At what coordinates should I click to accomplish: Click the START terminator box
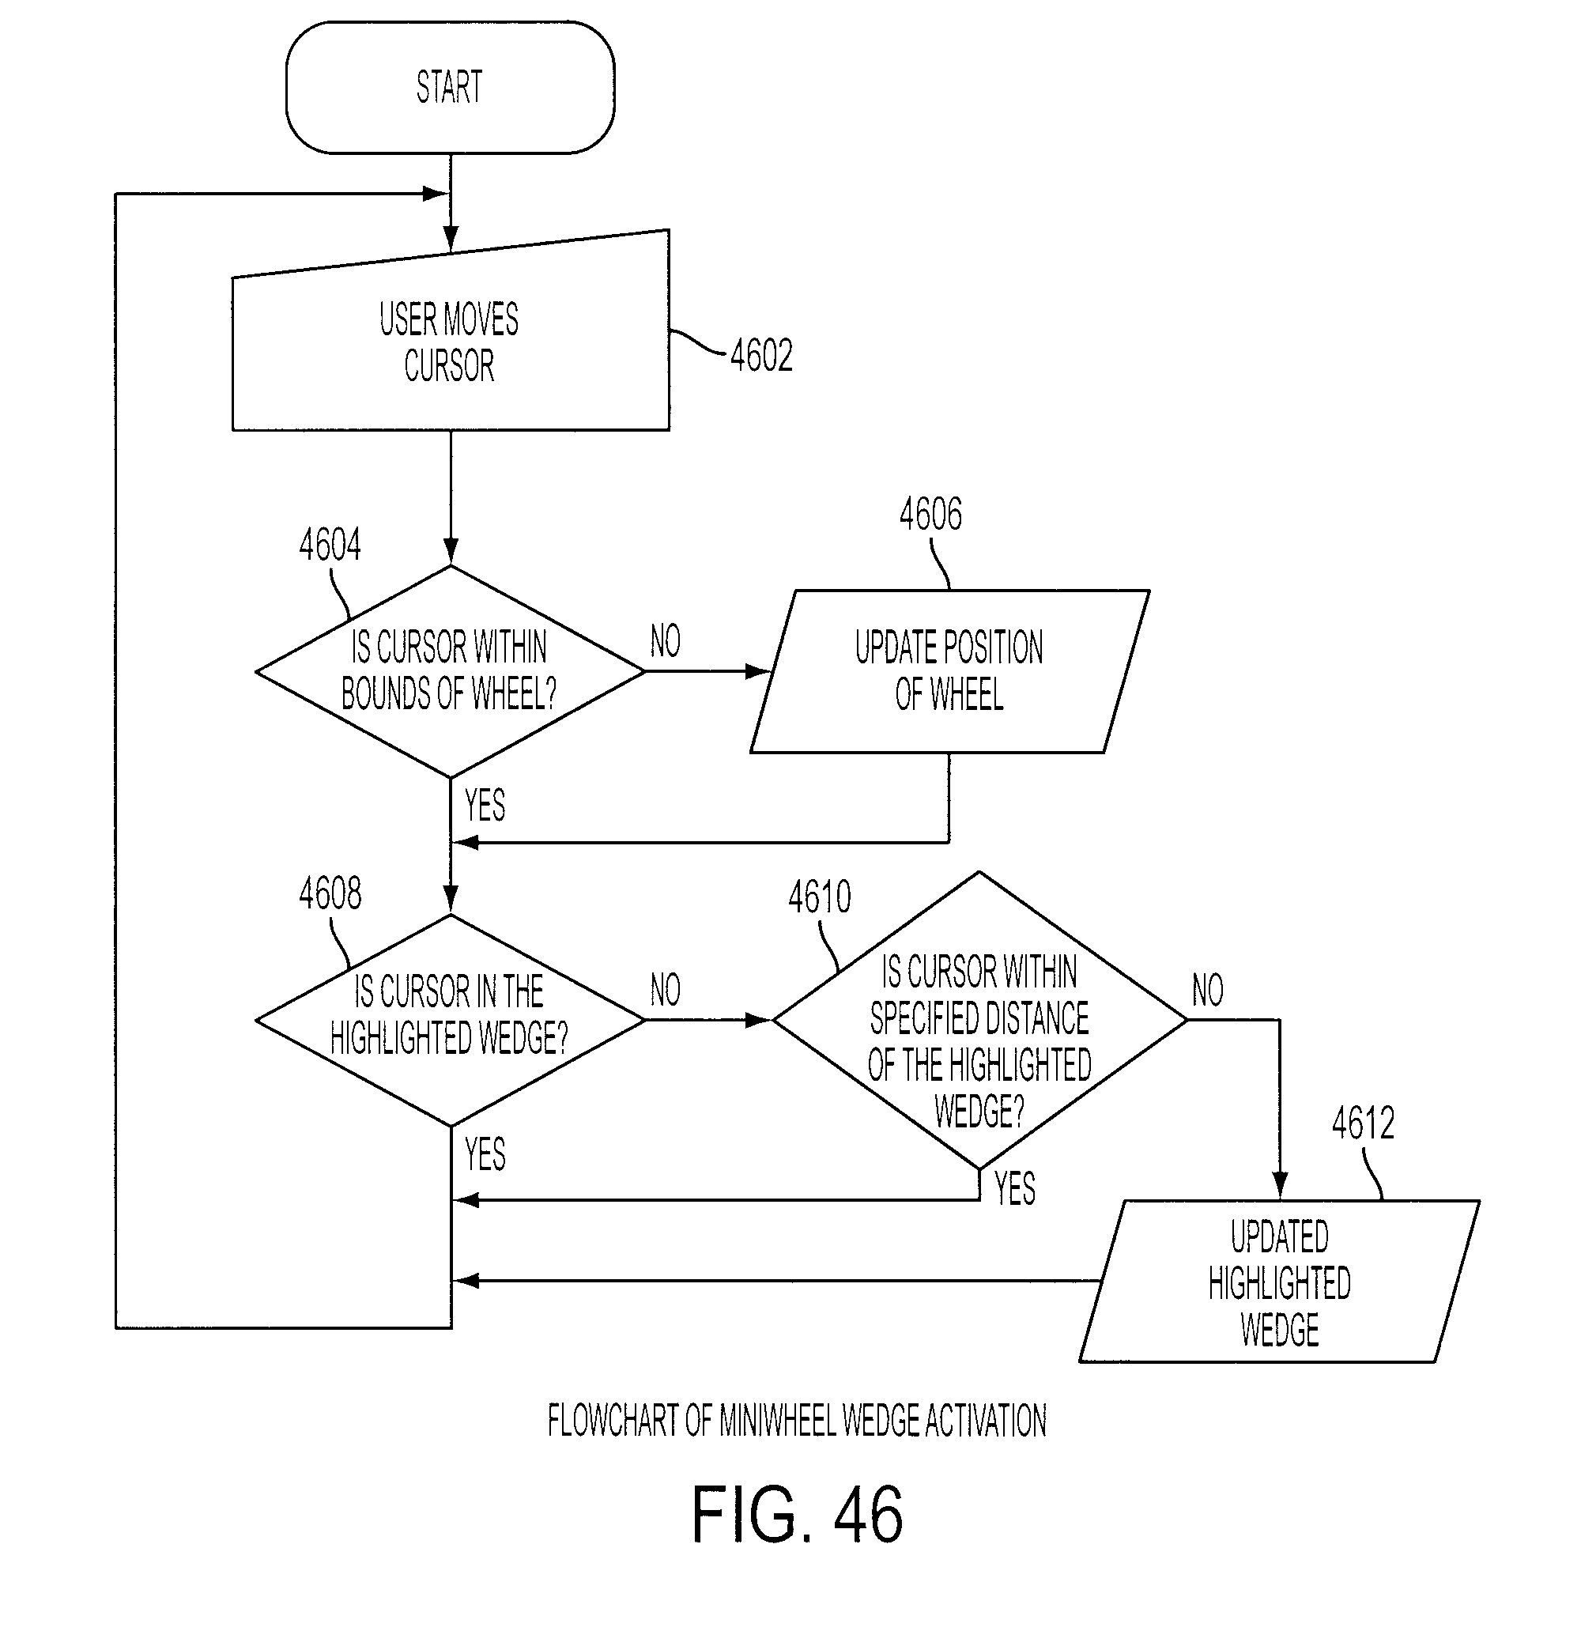450,88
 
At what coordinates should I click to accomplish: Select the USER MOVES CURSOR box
450,342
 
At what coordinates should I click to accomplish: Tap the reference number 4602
761,355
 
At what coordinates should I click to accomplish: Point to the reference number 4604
330,545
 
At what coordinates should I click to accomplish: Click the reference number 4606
930,513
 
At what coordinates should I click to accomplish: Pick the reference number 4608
330,893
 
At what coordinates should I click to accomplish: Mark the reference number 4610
820,897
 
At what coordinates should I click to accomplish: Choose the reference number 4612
1363,1123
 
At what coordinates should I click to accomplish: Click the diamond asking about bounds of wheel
450,671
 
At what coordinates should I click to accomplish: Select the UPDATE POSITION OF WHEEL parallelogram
949,671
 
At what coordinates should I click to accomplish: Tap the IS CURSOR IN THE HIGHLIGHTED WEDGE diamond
450,1020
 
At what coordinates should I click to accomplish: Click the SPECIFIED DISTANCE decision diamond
979,1020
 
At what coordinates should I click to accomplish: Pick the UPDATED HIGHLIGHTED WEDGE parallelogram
1280,1281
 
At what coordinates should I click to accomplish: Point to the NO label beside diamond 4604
666,640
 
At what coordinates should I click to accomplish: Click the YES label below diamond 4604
485,806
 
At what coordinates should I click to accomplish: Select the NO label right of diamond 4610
1208,991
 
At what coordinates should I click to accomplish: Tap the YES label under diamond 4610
1015,1188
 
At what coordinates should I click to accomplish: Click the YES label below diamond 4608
485,1154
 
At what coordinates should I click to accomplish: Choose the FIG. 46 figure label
797,1516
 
